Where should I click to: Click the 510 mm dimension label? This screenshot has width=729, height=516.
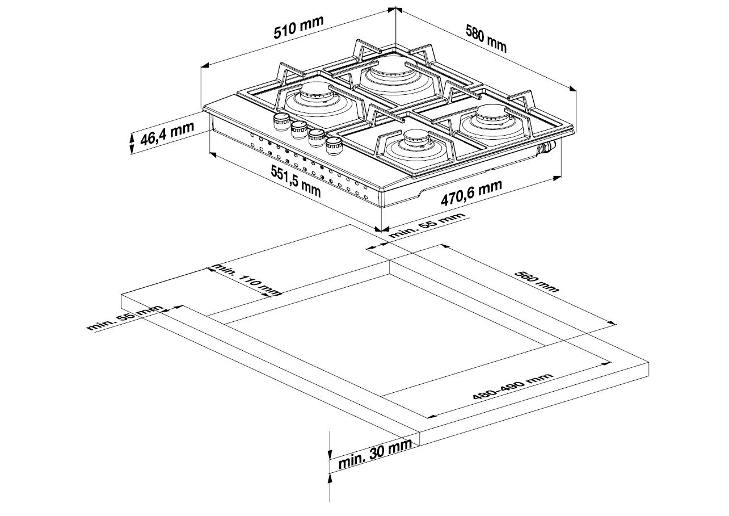pos(298,27)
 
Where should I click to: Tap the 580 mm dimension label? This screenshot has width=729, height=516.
pos(486,39)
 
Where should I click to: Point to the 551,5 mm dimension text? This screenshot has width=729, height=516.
pos(296,181)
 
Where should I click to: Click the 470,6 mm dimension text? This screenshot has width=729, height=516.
pos(471,193)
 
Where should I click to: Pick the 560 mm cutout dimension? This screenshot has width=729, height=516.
pos(537,281)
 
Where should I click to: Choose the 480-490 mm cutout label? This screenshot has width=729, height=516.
pos(513,387)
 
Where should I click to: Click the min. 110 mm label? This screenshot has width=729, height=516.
pos(246,280)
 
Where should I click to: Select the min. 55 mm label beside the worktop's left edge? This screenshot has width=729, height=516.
pos(125,318)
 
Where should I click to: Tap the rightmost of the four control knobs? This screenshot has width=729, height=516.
pos(334,145)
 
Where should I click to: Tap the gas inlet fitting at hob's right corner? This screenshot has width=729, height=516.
pos(547,148)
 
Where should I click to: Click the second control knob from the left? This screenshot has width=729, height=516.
pos(299,129)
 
